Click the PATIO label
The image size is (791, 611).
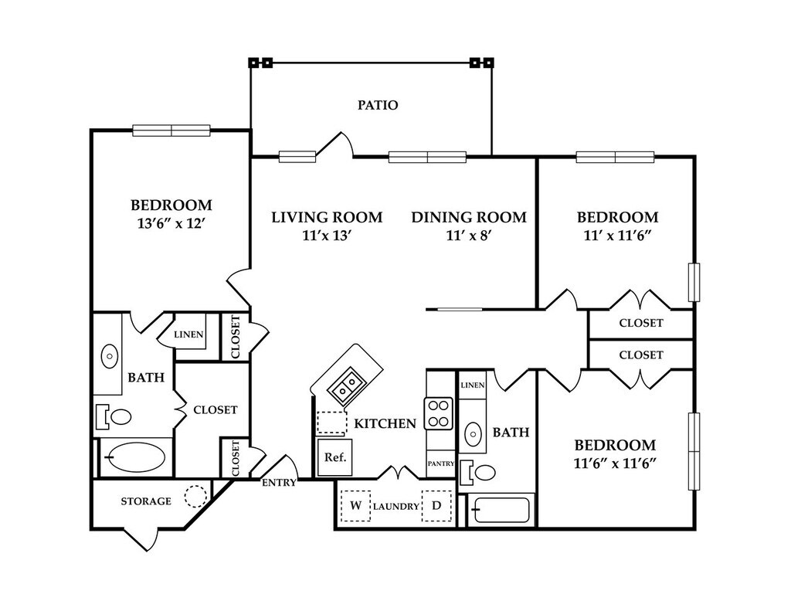click(378, 105)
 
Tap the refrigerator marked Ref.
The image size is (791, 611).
click(335, 457)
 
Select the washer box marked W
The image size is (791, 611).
click(355, 505)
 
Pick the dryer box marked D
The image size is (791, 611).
click(436, 505)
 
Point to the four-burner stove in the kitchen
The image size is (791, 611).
click(439, 413)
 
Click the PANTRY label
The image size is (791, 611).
click(441, 463)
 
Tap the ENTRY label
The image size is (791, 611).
click(279, 483)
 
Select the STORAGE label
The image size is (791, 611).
click(146, 501)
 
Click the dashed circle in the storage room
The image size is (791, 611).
click(195, 496)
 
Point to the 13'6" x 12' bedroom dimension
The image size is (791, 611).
click(171, 223)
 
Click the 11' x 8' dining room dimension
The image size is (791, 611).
click(469, 235)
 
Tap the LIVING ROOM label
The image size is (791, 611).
click(327, 218)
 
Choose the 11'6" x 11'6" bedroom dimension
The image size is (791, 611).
click(615, 463)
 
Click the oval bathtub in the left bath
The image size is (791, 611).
click(137, 457)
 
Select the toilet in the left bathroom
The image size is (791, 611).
click(114, 417)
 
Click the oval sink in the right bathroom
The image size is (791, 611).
click(473, 433)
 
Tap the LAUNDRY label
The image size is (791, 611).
click(396, 506)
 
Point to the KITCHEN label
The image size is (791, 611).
click(385, 423)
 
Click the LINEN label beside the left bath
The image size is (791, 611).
click(188, 334)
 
